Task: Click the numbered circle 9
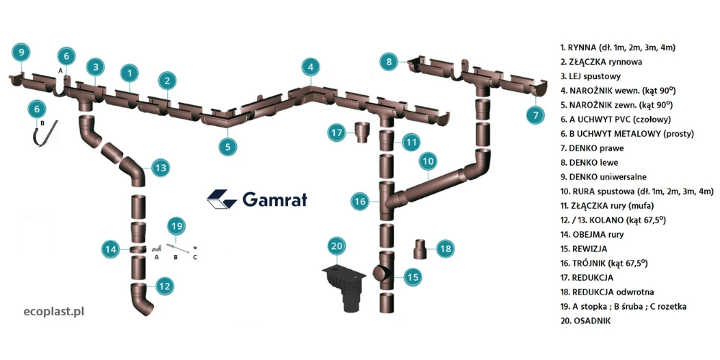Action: pyautogui.click(x=21, y=52)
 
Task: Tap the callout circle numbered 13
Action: pyautogui.click(x=160, y=168)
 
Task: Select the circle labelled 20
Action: pyautogui.click(x=336, y=246)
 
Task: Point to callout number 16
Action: pyautogui.click(x=361, y=202)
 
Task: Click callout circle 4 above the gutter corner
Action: pyautogui.click(x=310, y=68)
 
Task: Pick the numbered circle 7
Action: pyautogui.click(x=534, y=114)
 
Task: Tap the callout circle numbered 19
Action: pyautogui.click(x=176, y=225)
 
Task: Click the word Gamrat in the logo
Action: pyautogui.click(x=274, y=199)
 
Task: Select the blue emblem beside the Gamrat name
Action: pyautogui.click(x=222, y=199)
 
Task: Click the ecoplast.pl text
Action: pyautogui.click(x=54, y=312)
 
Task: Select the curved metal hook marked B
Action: pyautogui.click(x=42, y=136)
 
